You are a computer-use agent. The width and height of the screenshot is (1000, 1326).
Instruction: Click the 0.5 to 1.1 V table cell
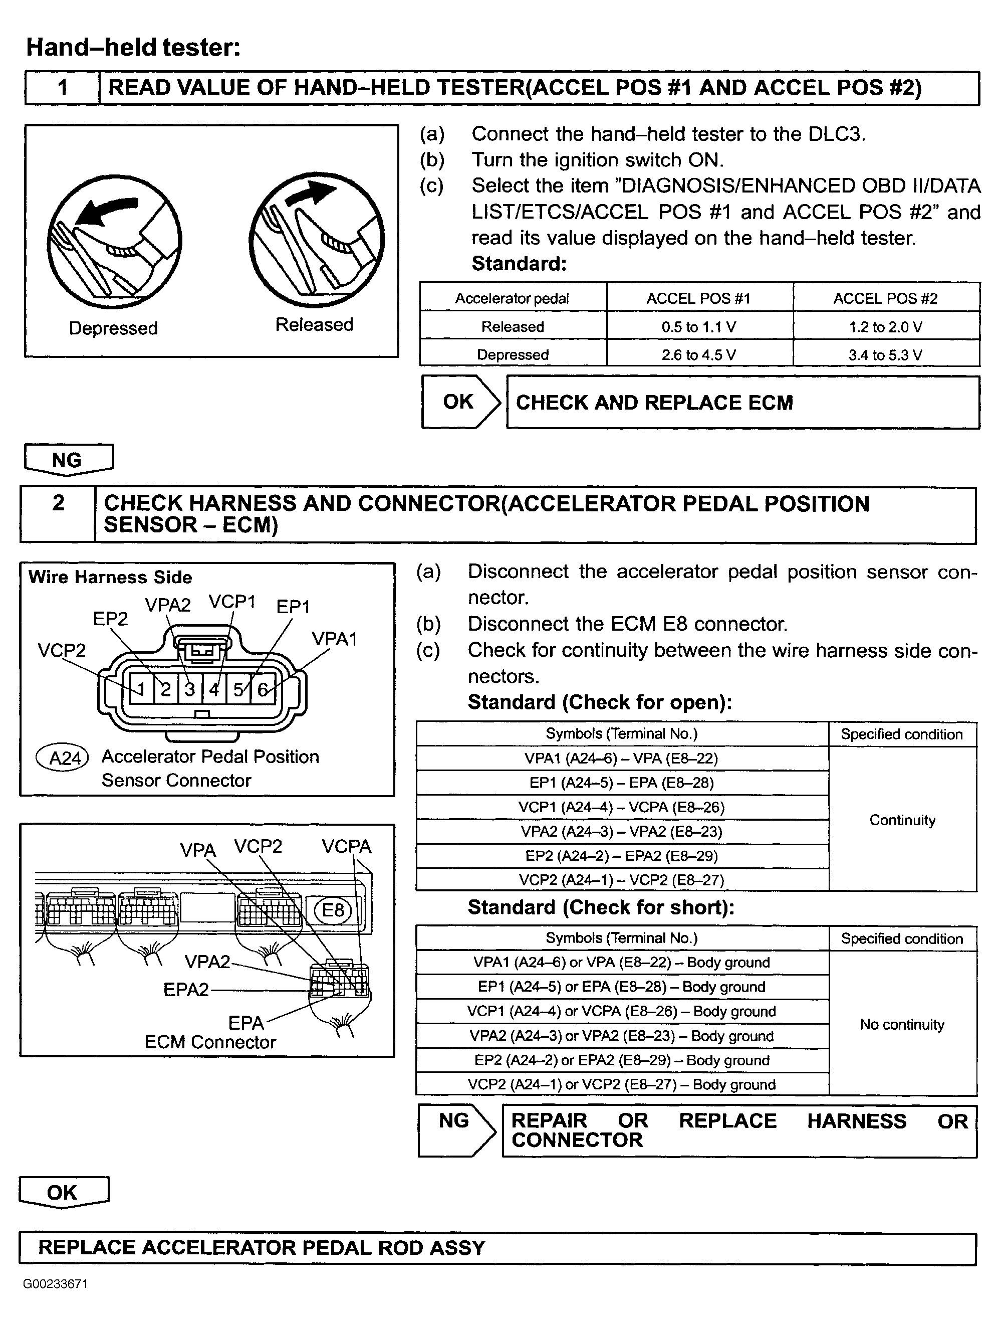click(698, 327)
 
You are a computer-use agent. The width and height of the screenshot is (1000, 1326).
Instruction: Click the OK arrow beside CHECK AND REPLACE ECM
click(459, 402)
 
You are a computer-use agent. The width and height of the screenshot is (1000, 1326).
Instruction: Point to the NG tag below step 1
click(68, 460)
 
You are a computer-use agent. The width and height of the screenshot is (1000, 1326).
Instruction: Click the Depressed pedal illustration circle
click(114, 242)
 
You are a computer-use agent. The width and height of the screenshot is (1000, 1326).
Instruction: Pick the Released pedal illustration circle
click(316, 240)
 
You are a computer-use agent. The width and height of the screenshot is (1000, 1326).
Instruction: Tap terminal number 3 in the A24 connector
click(190, 689)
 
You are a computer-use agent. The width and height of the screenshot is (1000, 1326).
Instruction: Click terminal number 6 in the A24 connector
click(263, 689)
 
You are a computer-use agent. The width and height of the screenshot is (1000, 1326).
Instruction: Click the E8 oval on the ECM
click(333, 910)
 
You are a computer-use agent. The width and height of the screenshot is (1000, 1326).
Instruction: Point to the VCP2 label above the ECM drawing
click(258, 846)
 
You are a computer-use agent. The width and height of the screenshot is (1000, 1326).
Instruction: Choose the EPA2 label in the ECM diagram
click(186, 989)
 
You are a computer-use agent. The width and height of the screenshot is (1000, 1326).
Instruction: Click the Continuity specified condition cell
click(902, 820)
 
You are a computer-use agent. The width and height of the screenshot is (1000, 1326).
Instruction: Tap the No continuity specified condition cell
click(902, 1024)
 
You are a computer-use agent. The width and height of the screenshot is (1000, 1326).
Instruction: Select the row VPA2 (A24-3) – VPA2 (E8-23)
click(621, 832)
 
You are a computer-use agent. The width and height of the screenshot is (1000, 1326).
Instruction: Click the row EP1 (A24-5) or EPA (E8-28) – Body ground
click(621, 987)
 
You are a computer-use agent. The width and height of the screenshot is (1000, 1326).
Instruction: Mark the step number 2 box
click(58, 514)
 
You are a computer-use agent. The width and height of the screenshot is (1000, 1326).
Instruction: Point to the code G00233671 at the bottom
click(56, 1284)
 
